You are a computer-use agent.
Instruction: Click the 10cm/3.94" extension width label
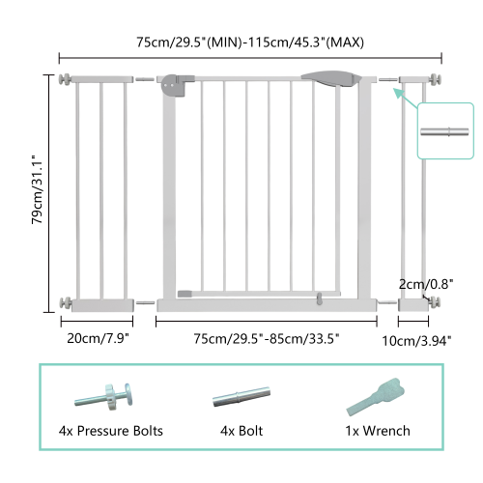(416, 339)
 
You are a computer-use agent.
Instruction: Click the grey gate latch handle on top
(328, 77)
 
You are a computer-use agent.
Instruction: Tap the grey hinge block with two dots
(174, 86)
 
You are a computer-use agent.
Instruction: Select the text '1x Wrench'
(378, 430)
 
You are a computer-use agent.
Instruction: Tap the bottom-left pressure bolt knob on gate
(65, 302)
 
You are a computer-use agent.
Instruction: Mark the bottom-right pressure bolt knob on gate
(436, 302)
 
